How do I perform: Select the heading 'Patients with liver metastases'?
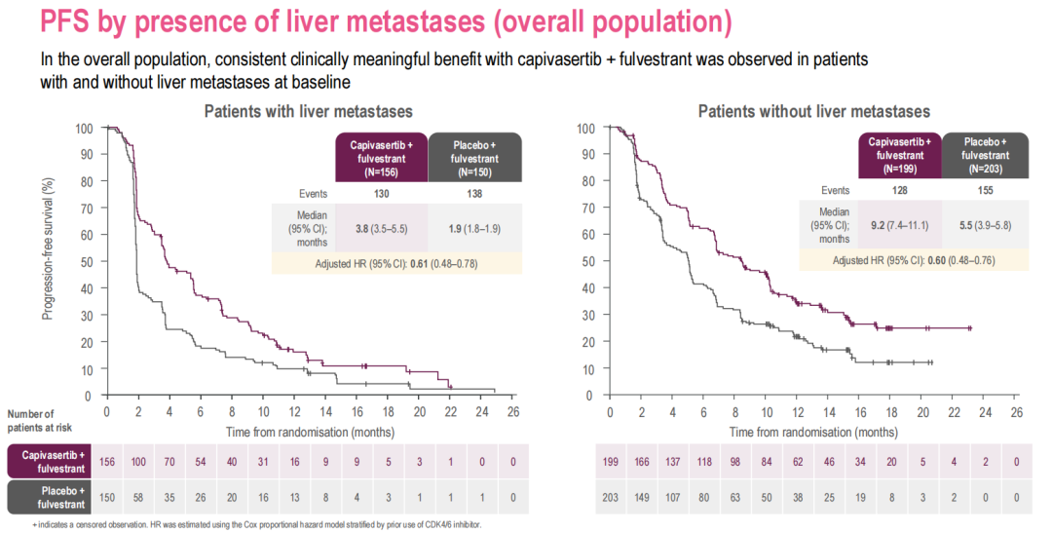[x=308, y=111]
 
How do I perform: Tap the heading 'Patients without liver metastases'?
[x=813, y=111]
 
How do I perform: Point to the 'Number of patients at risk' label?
[x=39, y=420]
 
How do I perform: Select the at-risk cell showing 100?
[x=138, y=461]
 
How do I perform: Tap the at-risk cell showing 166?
[x=642, y=461]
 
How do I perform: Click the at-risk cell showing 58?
[x=138, y=498]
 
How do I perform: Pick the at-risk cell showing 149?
[x=642, y=498]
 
